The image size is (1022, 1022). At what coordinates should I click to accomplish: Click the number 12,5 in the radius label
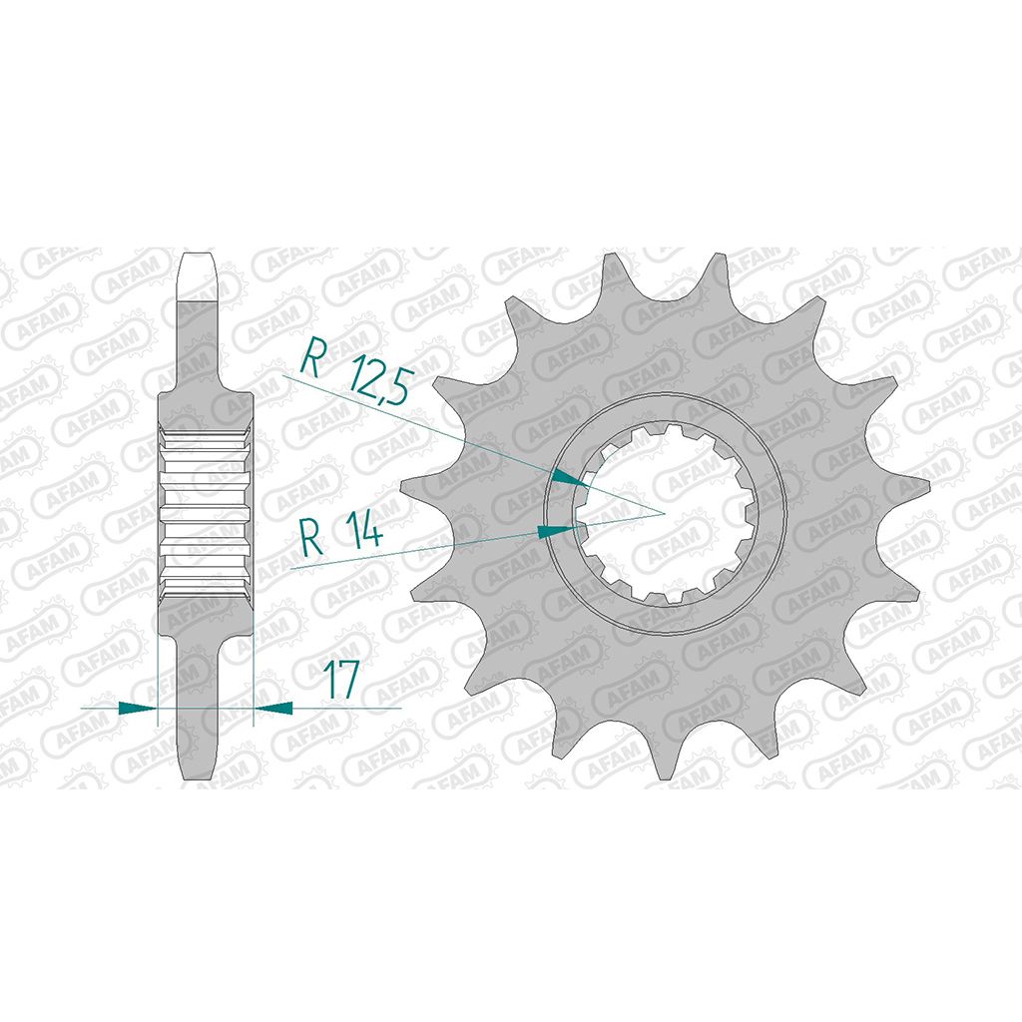378,378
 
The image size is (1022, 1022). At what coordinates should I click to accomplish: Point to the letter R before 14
312,536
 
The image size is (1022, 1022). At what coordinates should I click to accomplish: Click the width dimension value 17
342,678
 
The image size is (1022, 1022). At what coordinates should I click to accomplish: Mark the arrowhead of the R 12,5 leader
569,478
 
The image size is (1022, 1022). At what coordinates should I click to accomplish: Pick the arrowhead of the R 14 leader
557,531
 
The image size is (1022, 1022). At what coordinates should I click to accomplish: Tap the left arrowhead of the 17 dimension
138,708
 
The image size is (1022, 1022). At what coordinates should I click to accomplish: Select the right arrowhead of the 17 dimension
272,708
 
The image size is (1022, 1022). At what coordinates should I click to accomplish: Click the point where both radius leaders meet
664,513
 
